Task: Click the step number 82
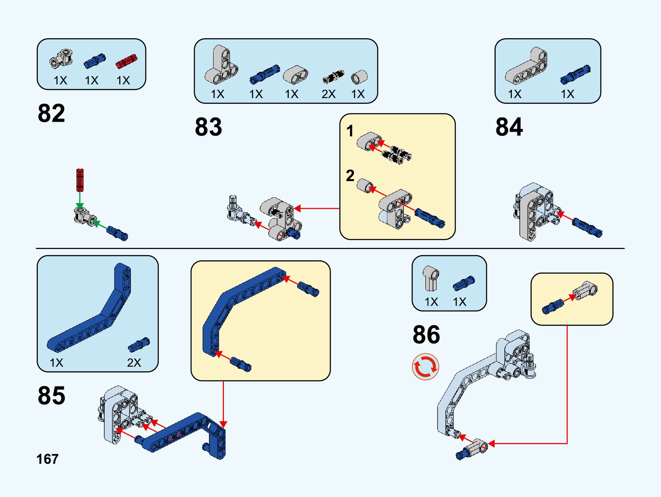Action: tap(52, 113)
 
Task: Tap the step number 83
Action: tap(209, 127)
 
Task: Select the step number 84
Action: tap(509, 127)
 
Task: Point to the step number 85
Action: tap(52, 396)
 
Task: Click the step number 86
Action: tap(426, 335)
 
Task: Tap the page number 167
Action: tap(47, 459)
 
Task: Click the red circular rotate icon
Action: tap(425, 367)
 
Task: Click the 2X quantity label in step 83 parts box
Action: tap(328, 94)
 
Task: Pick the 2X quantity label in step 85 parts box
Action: tap(134, 363)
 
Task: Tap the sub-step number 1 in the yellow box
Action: tap(350, 131)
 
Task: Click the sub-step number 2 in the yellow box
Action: tap(350, 176)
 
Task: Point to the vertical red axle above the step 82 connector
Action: tap(80, 180)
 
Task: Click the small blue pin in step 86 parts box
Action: tap(464, 283)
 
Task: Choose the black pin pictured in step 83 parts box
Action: tap(334, 76)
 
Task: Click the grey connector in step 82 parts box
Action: tap(61, 59)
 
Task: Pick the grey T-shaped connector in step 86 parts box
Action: tap(431, 278)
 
